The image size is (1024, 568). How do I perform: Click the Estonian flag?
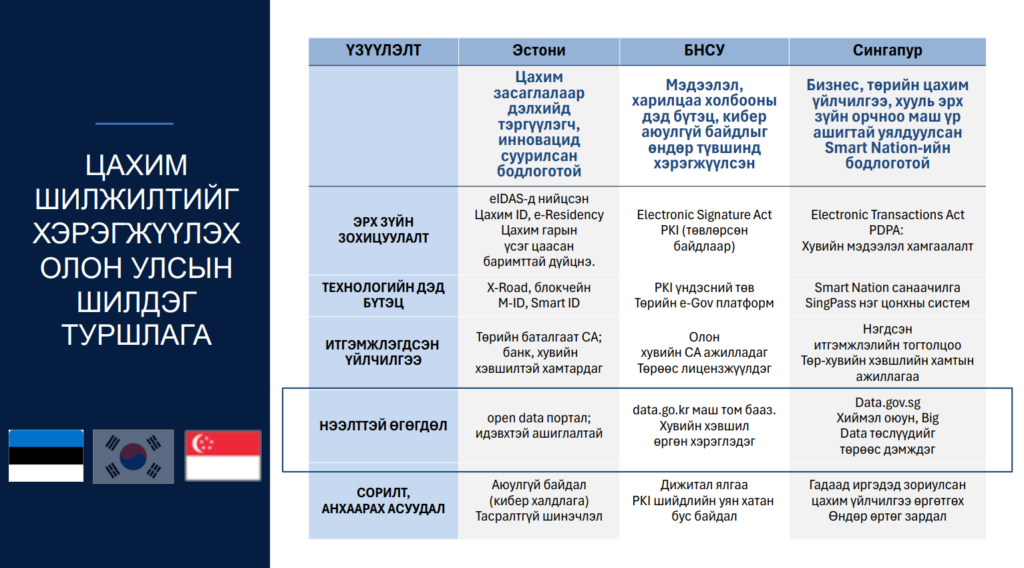point(46,455)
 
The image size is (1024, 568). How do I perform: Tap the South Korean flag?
point(133,455)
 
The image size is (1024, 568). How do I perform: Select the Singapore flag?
point(222,455)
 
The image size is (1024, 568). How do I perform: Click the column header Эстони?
point(538,50)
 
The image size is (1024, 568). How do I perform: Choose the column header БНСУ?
point(704,50)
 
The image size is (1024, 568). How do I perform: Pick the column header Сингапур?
point(887,50)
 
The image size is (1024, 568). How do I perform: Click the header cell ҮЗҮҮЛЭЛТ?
point(383,50)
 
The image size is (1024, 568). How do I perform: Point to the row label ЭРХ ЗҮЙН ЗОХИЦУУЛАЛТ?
point(383,230)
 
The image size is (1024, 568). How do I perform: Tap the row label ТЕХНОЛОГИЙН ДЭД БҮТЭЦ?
point(383,295)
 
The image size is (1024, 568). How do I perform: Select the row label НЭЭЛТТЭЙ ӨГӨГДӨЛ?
point(383,425)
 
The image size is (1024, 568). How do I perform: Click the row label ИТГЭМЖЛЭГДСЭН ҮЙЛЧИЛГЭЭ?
point(383,351)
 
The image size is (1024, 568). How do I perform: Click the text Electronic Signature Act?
point(704,215)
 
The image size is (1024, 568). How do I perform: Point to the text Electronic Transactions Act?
point(887,215)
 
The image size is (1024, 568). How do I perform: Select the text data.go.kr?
point(662,410)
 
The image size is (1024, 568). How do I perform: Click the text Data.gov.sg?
point(887,403)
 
